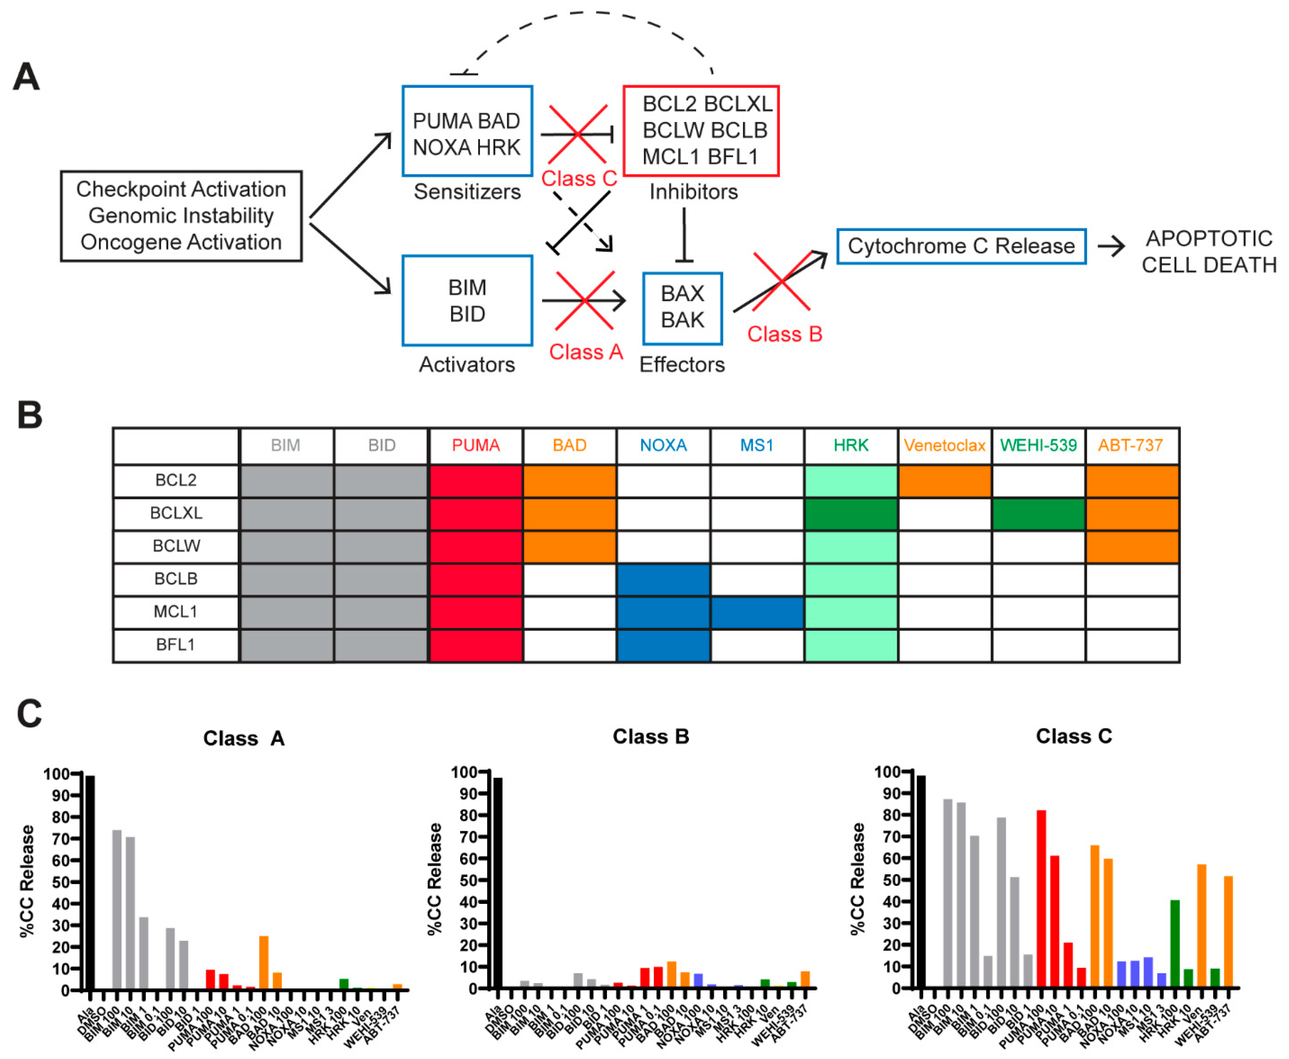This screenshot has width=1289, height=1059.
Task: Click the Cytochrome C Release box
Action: click(x=961, y=247)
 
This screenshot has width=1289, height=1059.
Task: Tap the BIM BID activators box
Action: click(x=467, y=301)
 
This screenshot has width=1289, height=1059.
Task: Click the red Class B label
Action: click(x=785, y=334)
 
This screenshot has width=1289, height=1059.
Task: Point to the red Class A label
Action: click(x=586, y=352)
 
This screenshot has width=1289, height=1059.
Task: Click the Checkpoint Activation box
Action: click(x=181, y=216)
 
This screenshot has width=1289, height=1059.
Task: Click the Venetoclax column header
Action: click(x=944, y=445)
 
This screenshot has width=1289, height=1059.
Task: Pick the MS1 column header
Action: click(x=757, y=445)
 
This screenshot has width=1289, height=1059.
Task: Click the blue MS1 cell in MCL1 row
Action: click(x=757, y=612)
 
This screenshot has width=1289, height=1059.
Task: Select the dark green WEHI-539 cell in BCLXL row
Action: click(x=1038, y=513)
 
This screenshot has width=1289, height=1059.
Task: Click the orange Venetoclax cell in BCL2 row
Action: click(x=944, y=481)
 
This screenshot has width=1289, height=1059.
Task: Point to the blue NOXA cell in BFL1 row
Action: click(x=663, y=645)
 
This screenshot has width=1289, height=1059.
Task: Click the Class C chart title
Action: click(x=1074, y=736)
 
